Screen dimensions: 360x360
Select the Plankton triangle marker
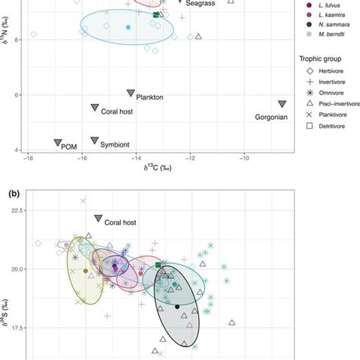130,93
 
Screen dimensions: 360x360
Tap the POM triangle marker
58,143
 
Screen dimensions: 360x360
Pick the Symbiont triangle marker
94,141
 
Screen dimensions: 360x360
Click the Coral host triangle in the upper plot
94,108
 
